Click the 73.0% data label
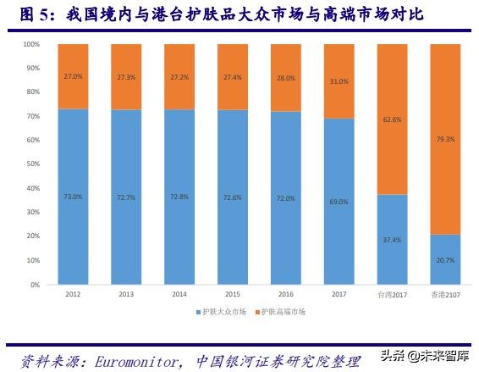point(73,197)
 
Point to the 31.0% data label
point(339,81)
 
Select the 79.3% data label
point(445,139)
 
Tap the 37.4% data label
point(392,240)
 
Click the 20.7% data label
point(445,260)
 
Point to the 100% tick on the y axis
point(31,44)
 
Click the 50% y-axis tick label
point(32,164)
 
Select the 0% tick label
point(35,285)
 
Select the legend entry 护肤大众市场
point(224,312)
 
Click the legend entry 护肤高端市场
point(284,312)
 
